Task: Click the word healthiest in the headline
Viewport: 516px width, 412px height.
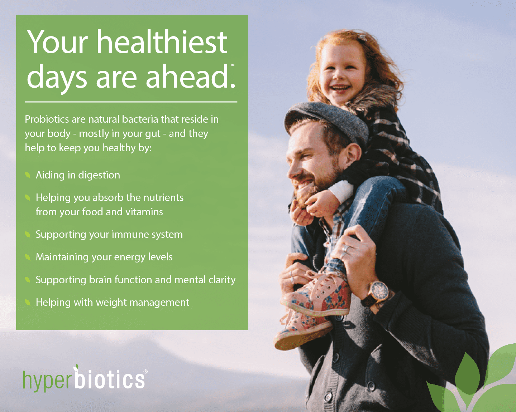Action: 162,42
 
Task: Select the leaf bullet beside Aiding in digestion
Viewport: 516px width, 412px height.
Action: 27,175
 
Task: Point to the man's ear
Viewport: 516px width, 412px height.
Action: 352,154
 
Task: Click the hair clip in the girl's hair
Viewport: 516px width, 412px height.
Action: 362,38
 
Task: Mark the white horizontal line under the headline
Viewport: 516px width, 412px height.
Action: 131,102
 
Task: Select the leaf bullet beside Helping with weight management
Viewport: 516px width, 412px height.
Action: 27,303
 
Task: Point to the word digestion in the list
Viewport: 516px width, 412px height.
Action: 99,175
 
